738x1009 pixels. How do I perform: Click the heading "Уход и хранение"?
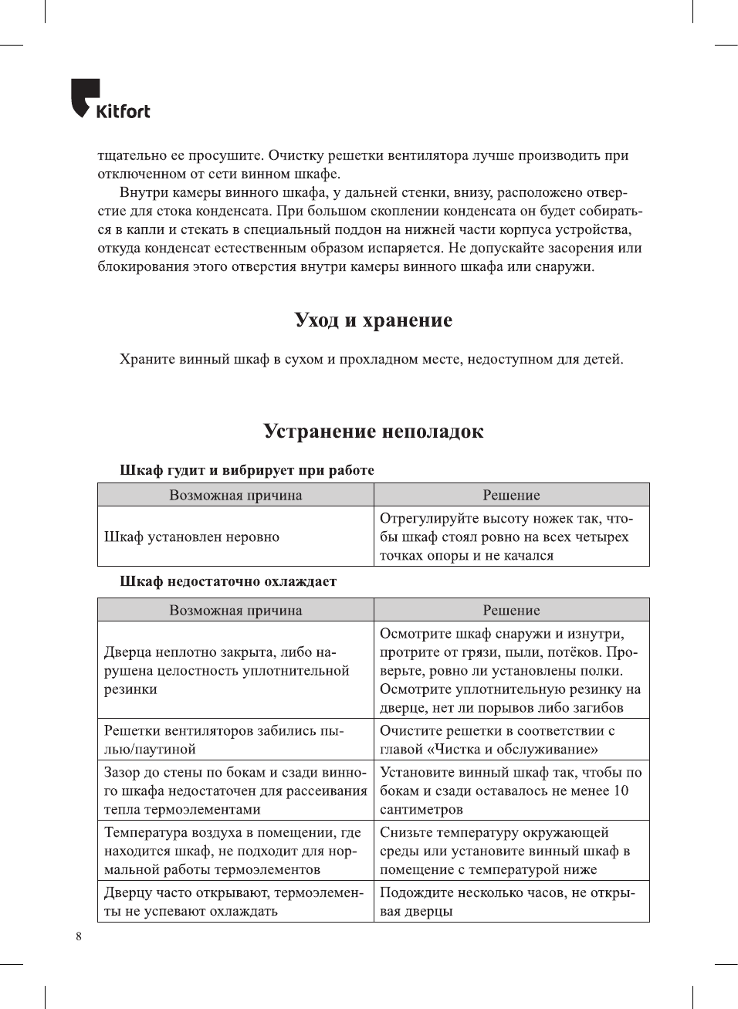click(x=373, y=320)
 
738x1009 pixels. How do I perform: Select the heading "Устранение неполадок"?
click(x=373, y=432)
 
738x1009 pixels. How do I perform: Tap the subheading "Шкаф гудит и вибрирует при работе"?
click(x=246, y=470)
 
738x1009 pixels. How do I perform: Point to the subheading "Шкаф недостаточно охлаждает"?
click(x=228, y=581)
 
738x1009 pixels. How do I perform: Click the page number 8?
click(x=78, y=936)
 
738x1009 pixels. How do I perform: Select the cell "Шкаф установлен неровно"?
click(x=191, y=537)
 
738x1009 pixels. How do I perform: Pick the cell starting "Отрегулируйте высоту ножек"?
click(x=506, y=537)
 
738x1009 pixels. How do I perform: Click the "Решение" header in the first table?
click(x=511, y=495)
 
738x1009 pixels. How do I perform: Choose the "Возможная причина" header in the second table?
click(x=235, y=610)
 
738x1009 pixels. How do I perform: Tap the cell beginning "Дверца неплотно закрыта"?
click(x=226, y=670)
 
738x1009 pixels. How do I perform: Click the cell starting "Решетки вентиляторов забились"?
click(x=224, y=740)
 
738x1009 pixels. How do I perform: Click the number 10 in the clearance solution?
click(x=621, y=791)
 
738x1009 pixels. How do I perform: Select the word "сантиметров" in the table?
click(x=421, y=809)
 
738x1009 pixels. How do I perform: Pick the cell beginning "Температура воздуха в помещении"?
click(x=232, y=851)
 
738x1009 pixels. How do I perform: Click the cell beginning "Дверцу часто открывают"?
click(x=233, y=902)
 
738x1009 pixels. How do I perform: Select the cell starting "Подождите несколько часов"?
click(x=506, y=902)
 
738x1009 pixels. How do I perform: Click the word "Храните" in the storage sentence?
click(x=147, y=359)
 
